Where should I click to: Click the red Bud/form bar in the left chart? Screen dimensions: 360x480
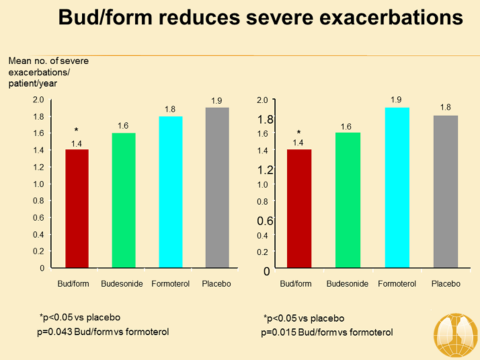[76, 208]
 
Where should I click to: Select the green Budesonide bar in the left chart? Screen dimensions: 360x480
[123, 200]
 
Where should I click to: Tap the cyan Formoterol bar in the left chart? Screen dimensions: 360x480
[171, 192]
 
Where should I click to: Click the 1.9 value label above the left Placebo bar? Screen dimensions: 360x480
[216, 101]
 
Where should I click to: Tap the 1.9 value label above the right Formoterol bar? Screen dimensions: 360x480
[397, 100]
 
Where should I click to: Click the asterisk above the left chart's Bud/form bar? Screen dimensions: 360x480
[76, 131]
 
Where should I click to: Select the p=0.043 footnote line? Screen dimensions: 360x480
[103, 331]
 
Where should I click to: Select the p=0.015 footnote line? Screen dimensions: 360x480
[327, 332]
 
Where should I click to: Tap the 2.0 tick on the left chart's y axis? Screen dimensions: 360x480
[38, 100]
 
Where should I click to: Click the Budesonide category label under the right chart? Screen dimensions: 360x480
[348, 284]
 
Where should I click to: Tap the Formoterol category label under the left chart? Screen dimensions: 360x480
[171, 284]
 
